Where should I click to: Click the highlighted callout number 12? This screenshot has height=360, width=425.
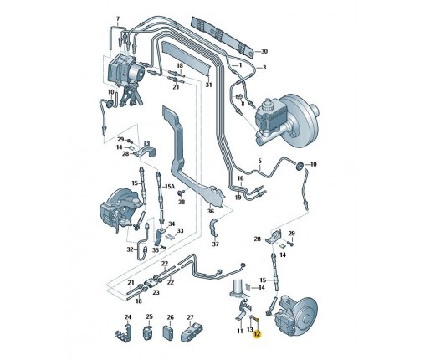pyautogui.click(x=257, y=334)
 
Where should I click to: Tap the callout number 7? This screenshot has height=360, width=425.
pyautogui.click(x=118, y=18)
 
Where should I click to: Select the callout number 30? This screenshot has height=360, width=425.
pyautogui.click(x=264, y=51)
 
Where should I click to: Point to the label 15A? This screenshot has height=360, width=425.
pyautogui.click(x=170, y=186)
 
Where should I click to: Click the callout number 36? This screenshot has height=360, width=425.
pyautogui.click(x=211, y=211)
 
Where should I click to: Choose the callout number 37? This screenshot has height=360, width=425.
pyautogui.click(x=215, y=244)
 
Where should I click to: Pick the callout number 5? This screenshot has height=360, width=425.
pyautogui.click(x=260, y=161)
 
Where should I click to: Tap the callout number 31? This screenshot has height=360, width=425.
pyautogui.click(x=209, y=85)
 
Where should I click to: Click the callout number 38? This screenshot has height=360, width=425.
pyautogui.click(x=182, y=202)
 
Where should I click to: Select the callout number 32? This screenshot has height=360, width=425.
pyautogui.click(x=131, y=249)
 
